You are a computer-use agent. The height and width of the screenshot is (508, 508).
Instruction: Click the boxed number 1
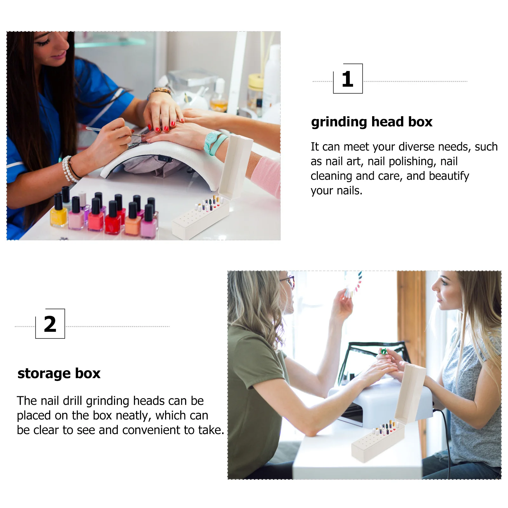pos(348,79)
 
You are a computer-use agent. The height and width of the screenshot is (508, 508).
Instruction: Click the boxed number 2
pos(50,324)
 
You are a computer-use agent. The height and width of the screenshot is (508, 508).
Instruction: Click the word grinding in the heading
pos(339,122)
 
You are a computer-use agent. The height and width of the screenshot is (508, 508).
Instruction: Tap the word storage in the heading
pos(44,374)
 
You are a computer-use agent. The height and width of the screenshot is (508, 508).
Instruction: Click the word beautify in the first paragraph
pos(449,176)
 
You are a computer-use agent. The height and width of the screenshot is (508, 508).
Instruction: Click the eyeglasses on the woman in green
pos(289,281)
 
